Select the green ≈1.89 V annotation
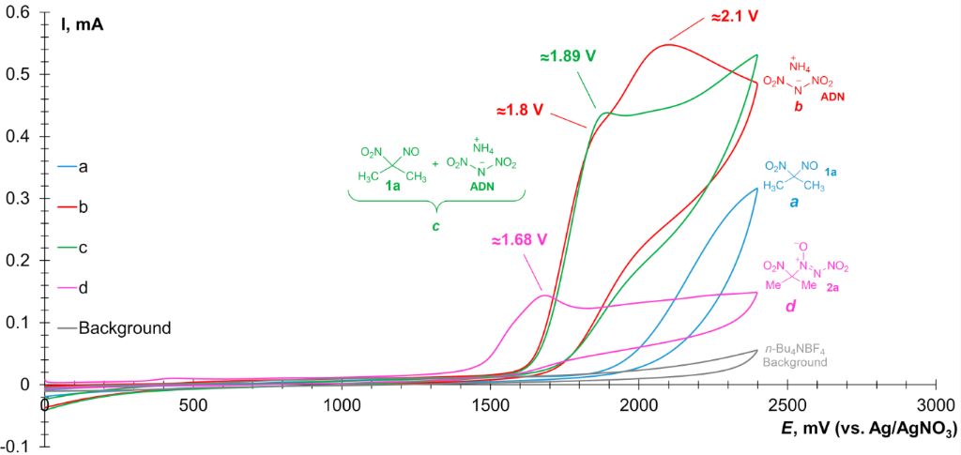568,56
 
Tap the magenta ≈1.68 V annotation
518,239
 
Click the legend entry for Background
125,327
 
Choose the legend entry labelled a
84,167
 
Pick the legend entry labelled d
84,287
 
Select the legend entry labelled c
84,247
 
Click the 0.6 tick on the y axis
19,13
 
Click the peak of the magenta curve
544,296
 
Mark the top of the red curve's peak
668,44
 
